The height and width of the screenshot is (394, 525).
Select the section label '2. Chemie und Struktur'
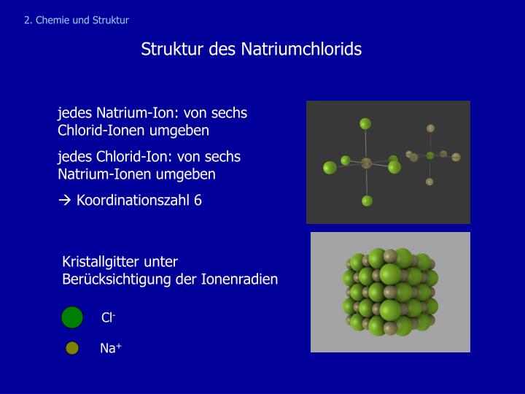tap(76, 20)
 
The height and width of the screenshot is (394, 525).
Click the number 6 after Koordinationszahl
tap(198, 201)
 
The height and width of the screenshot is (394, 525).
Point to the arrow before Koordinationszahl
tap(64, 201)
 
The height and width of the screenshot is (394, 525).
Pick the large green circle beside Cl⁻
tap(72, 318)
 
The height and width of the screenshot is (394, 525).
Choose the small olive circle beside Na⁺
tap(72, 348)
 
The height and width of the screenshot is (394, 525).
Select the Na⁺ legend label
tap(110, 349)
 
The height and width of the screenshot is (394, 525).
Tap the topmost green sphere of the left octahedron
tap(365, 123)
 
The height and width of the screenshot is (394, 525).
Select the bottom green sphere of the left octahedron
tap(367, 201)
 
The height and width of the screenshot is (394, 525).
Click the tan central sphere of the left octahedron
tap(366, 163)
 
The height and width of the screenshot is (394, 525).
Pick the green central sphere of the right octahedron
tap(430, 155)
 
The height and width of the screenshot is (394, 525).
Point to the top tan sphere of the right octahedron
tap(431, 128)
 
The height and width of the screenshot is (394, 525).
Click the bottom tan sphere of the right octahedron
tap(429, 182)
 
